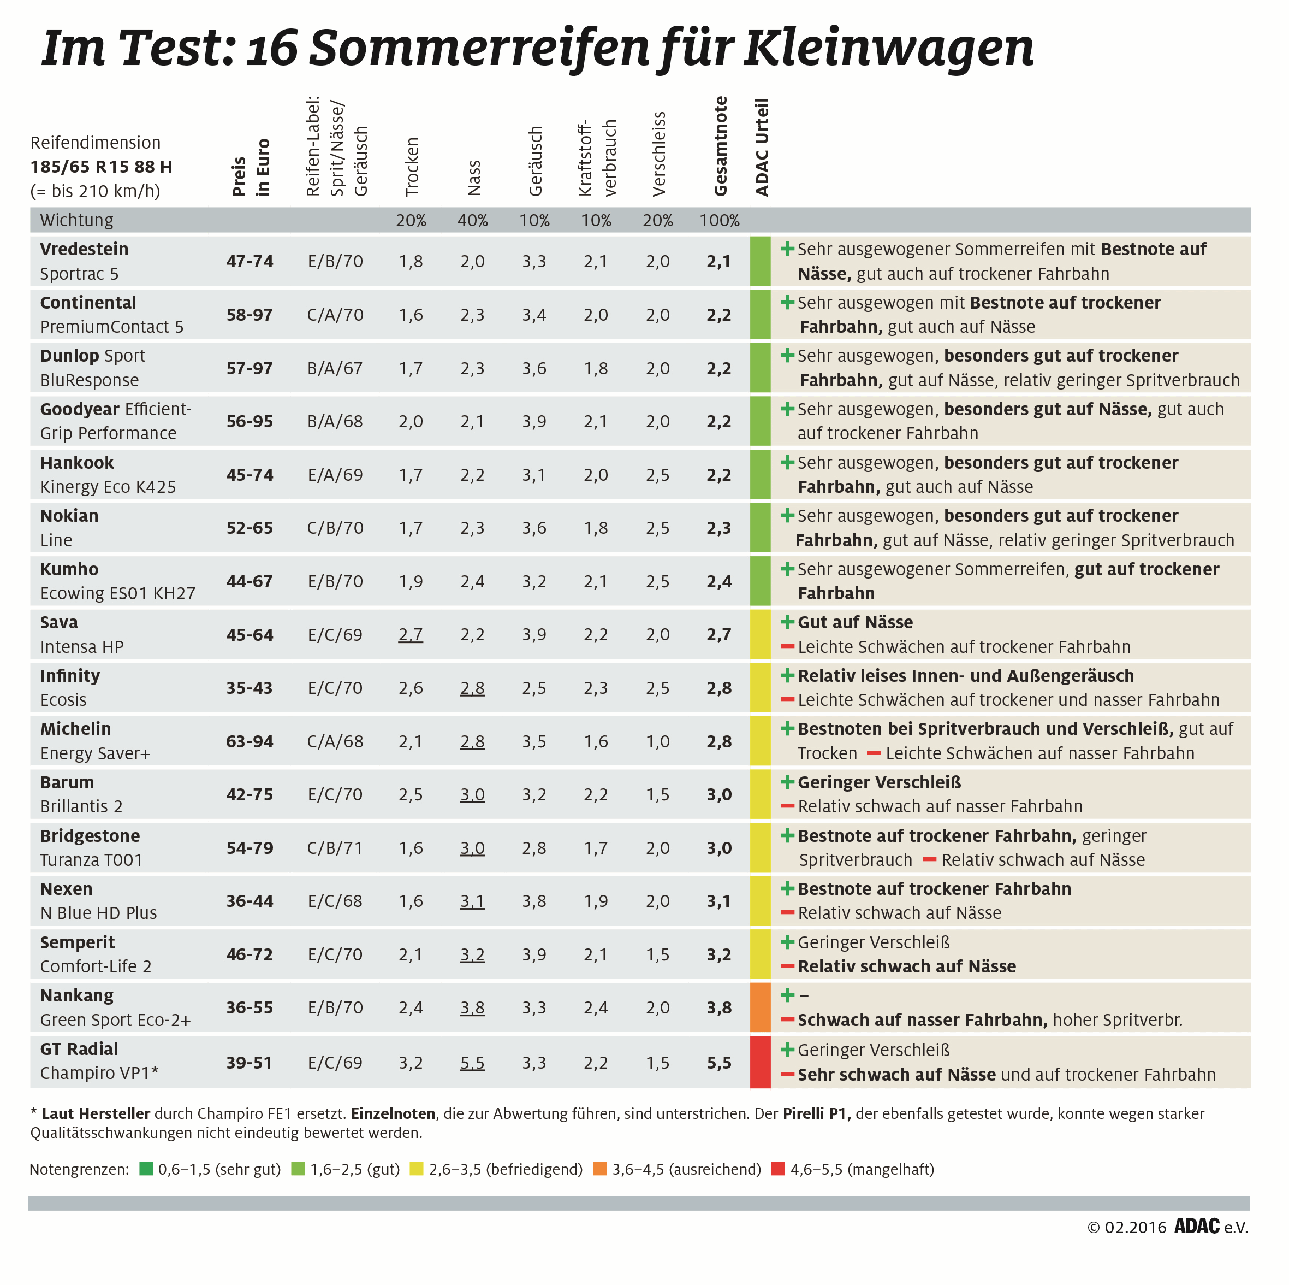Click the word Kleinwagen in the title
point(889,48)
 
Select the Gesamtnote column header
point(721,147)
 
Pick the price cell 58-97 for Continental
point(250,315)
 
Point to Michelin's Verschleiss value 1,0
point(657,741)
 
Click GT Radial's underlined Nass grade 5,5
point(472,1063)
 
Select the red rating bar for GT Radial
point(760,1062)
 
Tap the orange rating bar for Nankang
point(760,1007)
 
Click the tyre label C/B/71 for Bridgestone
point(335,848)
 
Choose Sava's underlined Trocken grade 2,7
point(411,635)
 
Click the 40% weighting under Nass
point(472,221)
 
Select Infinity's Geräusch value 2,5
point(534,688)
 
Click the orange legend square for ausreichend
point(600,1169)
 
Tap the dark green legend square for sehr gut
point(146,1169)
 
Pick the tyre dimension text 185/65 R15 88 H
point(102,167)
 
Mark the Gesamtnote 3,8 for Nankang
point(719,1008)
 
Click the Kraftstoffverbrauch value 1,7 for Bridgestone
point(595,848)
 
